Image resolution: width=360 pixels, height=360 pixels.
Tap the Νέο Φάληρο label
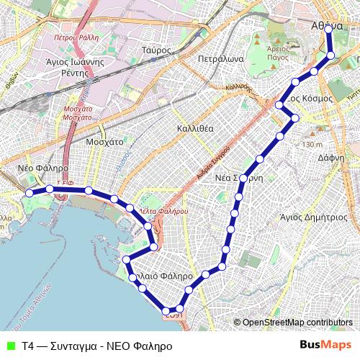coord(42,168)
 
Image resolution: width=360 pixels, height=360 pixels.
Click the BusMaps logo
coord(325,345)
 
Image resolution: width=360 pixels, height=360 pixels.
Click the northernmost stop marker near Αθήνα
coord(328,30)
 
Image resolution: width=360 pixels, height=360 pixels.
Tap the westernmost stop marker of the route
coord(30,193)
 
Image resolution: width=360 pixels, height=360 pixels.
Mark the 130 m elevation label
coord(312,145)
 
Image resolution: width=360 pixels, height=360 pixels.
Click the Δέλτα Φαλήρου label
coord(166,211)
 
